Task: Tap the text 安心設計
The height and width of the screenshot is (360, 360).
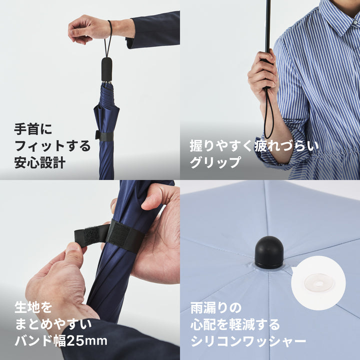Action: (39, 162)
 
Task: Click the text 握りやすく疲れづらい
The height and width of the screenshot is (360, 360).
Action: (253, 146)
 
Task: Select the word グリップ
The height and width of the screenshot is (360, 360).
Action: (215, 162)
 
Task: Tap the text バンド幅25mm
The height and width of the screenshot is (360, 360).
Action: (61, 341)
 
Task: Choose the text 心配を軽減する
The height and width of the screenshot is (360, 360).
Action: (234, 324)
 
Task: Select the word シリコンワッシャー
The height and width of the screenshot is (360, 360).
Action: (248, 341)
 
